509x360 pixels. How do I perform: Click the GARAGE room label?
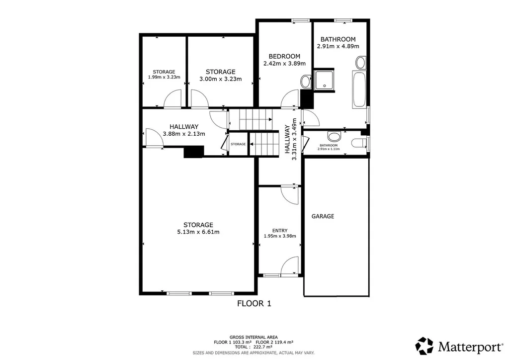tap(323, 216)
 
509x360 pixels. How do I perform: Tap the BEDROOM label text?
tap(284, 56)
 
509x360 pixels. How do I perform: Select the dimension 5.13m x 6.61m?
tap(198, 232)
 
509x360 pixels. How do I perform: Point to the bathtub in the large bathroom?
tap(359, 90)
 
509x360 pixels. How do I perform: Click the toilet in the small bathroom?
tap(359, 143)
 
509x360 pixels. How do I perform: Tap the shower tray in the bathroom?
tap(324, 80)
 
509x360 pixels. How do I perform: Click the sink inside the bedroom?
tap(306, 82)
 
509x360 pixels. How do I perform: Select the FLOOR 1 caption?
tap(254, 303)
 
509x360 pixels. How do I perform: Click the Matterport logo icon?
tap(424, 346)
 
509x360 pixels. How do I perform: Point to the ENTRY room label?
tap(280, 231)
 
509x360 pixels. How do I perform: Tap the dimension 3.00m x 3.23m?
tap(220, 79)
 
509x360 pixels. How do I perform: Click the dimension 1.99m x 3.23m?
tap(164, 77)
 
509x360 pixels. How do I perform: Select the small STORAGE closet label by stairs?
tap(238, 144)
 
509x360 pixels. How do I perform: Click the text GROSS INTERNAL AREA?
tap(254, 337)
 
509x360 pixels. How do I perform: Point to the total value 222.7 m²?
tap(263, 347)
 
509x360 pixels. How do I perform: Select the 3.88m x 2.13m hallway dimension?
tap(184, 134)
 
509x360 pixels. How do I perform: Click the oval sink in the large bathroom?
tap(361, 63)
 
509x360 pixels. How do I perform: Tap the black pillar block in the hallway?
tap(194, 152)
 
